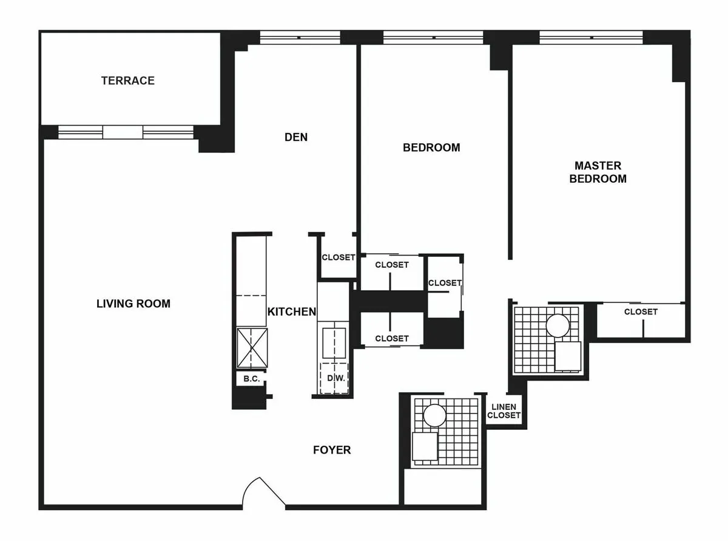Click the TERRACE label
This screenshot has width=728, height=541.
tap(127, 81)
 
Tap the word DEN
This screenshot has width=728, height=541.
tap(296, 137)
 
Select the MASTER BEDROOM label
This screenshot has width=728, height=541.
tap(598, 172)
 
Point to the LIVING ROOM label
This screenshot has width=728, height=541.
tap(133, 304)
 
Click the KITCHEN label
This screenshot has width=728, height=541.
tap(292, 312)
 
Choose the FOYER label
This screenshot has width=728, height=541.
tap(332, 450)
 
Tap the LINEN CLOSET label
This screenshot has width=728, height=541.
tap(504, 412)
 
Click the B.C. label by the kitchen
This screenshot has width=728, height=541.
tap(251, 379)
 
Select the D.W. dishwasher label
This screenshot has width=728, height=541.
tap(335, 378)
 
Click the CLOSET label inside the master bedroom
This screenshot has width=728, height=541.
tap(641, 311)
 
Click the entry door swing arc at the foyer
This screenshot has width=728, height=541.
tap(263, 491)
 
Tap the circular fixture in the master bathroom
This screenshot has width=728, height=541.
tap(558, 325)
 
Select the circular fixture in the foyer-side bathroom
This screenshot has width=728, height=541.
tap(434, 416)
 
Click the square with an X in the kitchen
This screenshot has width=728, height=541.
tap(252, 348)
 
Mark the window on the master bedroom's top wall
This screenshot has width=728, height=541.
tap(591, 38)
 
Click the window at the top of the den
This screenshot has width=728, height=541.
tap(300, 38)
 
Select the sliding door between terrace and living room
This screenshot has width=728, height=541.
tap(125, 132)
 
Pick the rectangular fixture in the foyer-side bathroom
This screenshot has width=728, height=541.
tap(425, 447)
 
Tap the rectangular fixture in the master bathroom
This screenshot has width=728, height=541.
tap(568, 356)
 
